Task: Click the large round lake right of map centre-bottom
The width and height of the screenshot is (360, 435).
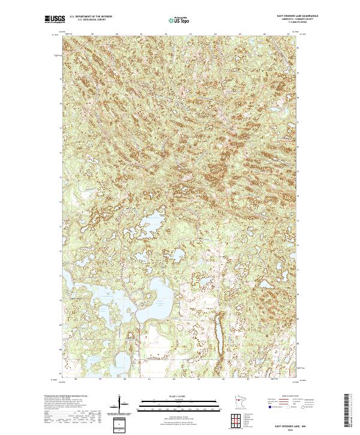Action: point(160,295)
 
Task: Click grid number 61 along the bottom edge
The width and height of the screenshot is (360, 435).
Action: point(149,379)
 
